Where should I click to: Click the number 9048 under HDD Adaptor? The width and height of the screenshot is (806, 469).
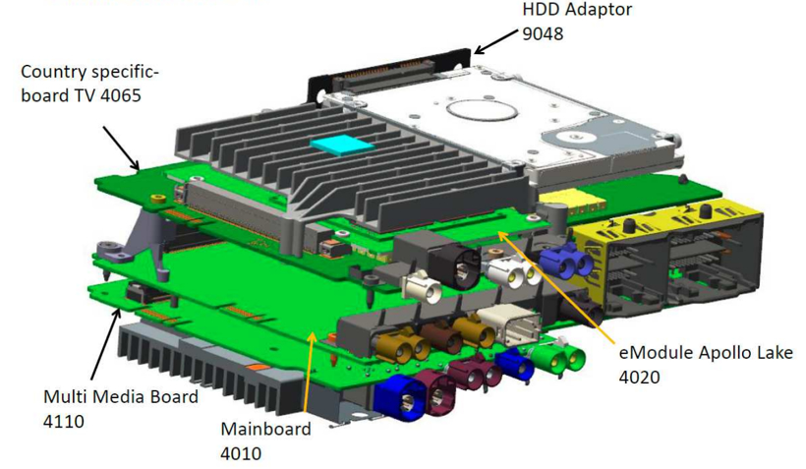[543, 34]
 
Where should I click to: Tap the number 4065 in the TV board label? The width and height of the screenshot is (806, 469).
[121, 95]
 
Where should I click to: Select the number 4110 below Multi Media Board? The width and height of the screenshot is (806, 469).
[64, 421]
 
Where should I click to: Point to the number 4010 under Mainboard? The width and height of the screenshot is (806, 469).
[241, 453]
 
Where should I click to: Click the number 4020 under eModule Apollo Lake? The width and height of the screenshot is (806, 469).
[640, 377]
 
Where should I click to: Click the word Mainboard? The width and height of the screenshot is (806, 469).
[265, 429]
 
